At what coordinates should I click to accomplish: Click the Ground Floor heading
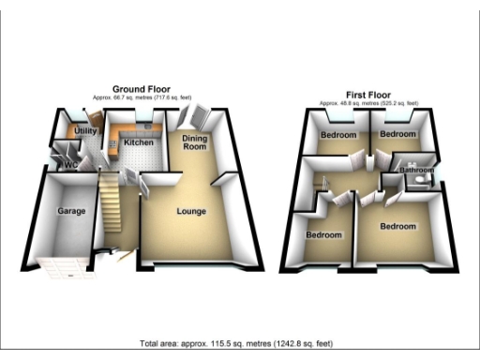140,88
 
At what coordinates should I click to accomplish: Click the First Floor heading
367,95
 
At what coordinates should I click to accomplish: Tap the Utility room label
86,131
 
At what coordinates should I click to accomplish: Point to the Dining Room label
194,142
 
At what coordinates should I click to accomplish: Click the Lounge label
191,211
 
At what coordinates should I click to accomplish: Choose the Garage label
72,211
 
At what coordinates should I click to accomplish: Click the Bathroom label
416,171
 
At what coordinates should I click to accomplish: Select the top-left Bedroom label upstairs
338,136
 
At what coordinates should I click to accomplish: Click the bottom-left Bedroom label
324,234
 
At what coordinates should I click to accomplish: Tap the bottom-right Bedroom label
398,226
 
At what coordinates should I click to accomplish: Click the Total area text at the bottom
240,343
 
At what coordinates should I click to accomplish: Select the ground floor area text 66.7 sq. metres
140,97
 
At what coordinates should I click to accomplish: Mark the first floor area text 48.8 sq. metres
367,103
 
